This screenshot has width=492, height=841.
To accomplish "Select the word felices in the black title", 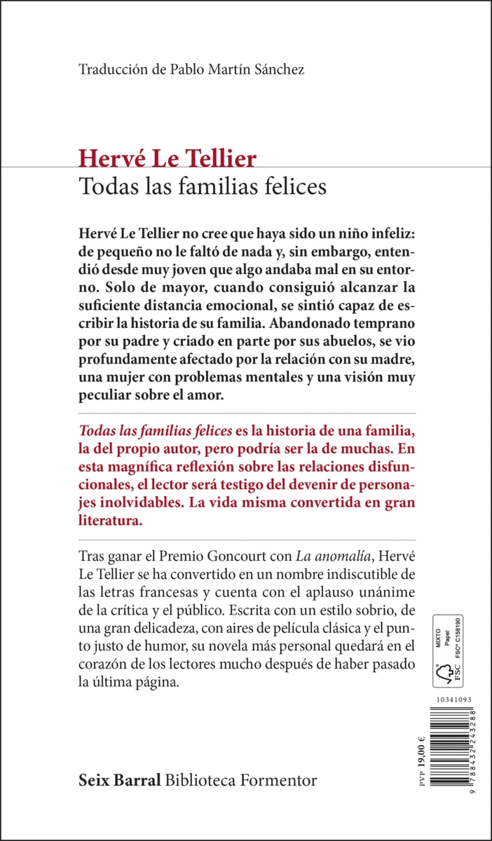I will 295,187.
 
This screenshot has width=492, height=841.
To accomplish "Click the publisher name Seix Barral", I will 121,780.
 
